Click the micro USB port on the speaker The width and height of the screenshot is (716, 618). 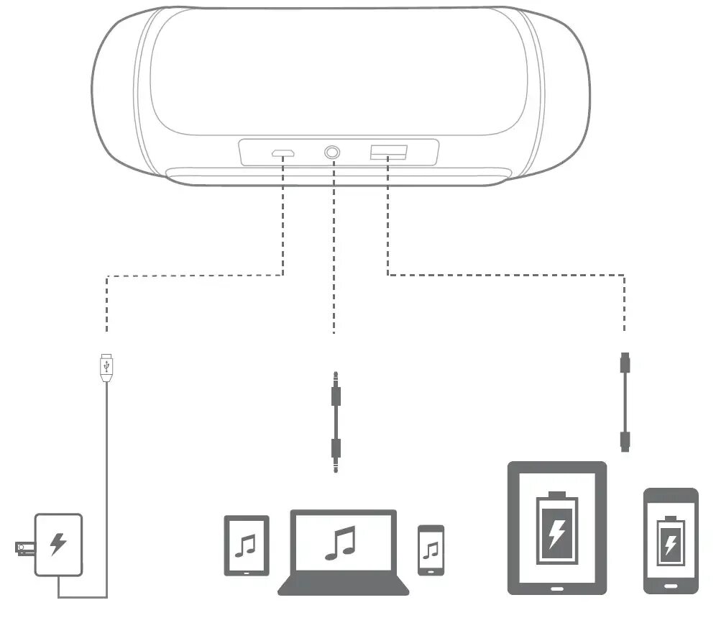[282, 153]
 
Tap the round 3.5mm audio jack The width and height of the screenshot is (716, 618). [333, 153]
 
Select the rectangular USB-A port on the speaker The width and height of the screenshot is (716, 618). [388, 152]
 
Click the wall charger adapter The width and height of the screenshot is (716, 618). [59, 544]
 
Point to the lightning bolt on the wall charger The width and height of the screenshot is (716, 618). [57, 544]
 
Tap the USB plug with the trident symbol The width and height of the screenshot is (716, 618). [107, 367]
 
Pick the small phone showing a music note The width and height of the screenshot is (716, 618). [431, 550]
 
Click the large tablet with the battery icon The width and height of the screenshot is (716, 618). [557, 527]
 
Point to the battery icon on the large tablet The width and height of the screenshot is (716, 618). [556, 528]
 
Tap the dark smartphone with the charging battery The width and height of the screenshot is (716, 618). [670, 540]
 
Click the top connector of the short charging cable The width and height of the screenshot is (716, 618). [625, 364]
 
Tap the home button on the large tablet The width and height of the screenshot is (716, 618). [557, 587]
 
